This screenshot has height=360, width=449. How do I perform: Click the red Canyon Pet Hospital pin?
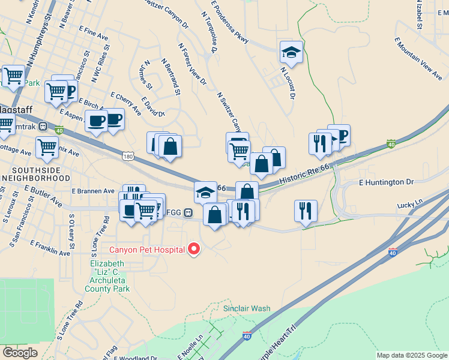pos(194,248)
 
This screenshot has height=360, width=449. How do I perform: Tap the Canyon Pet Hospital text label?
pos(146,249)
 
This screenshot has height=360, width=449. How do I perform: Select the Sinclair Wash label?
pos(247,308)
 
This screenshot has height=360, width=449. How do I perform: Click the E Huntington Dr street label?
pos(387,181)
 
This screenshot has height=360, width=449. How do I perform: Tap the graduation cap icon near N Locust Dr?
pos(291,52)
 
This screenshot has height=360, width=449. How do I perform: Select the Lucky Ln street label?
pos(410,205)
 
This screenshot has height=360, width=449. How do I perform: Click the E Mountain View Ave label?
pos(418,58)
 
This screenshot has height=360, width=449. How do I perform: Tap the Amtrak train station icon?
pos(43,126)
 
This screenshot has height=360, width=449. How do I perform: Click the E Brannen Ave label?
pos(92,191)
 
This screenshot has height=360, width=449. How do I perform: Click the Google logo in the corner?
pos(20,353)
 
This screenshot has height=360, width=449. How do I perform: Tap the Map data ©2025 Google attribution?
pos(411,355)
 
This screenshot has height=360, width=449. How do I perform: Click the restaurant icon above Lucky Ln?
pos(306,211)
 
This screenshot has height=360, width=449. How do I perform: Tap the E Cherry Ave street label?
pos(126,103)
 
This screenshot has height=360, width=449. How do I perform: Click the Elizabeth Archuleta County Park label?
pos(110,276)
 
